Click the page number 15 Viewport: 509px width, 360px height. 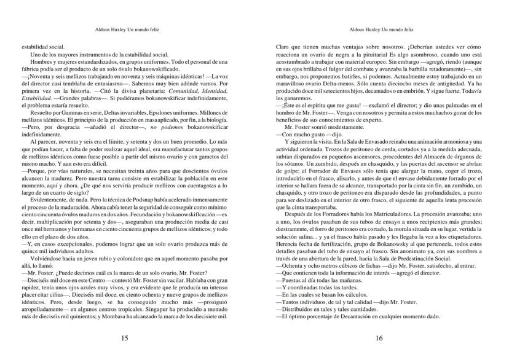125,337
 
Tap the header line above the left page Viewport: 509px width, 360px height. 125,29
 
